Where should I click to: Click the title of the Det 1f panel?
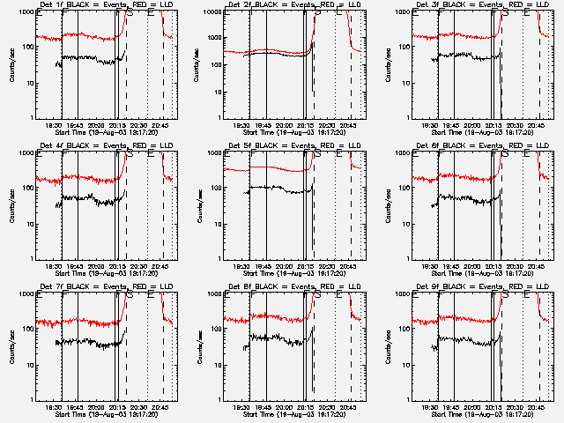(x=106, y=6)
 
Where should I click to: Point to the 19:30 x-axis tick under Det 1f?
(x=55, y=125)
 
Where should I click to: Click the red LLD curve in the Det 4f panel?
(x=88, y=178)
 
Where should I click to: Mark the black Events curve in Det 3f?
(x=467, y=56)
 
